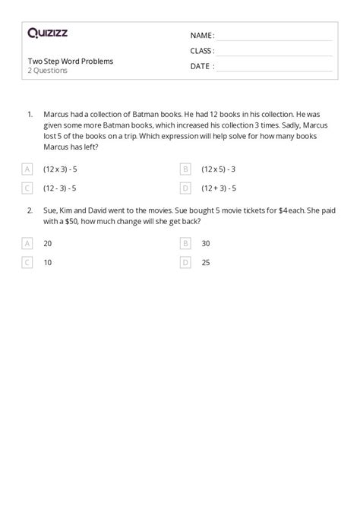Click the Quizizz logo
(49, 33)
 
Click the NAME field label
(201, 35)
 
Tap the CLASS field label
(201, 51)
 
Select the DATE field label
(201, 66)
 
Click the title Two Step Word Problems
(70, 60)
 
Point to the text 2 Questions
(47, 71)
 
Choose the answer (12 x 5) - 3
(219, 169)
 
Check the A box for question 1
(28, 169)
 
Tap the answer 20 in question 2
(49, 243)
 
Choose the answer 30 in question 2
(206, 243)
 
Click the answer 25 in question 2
(206, 262)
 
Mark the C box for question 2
(28, 262)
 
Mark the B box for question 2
(185, 243)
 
